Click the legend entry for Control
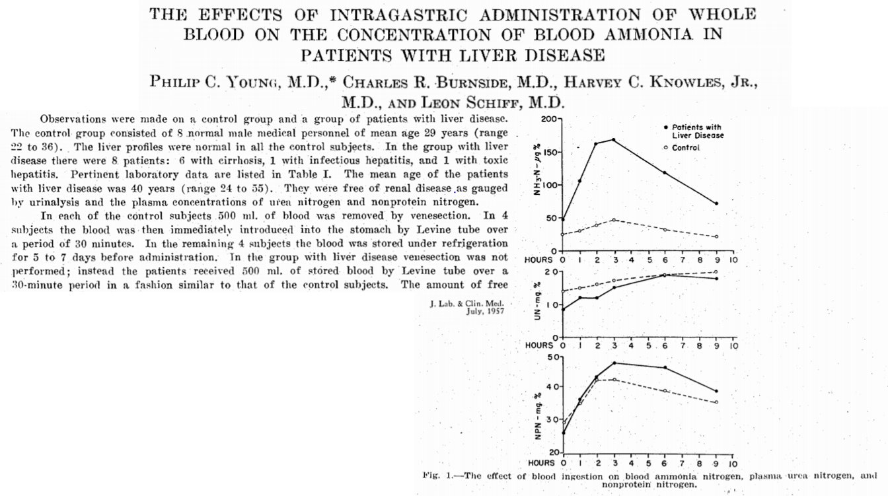pyautogui.click(x=685, y=147)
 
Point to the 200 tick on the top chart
pyautogui.click(x=550, y=120)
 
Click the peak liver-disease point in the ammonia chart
pyautogui.click(x=613, y=140)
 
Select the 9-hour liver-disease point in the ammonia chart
pyautogui.click(x=716, y=203)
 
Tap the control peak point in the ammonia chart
pyautogui.click(x=613, y=220)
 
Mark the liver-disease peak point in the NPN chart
pyautogui.click(x=614, y=363)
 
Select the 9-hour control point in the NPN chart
pyautogui.click(x=716, y=402)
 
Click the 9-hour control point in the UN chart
pyautogui.click(x=716, y=272)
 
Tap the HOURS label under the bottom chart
pyautogui.click(x=540, y=464)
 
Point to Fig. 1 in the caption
pyautogui.click(x=436, y=476)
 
